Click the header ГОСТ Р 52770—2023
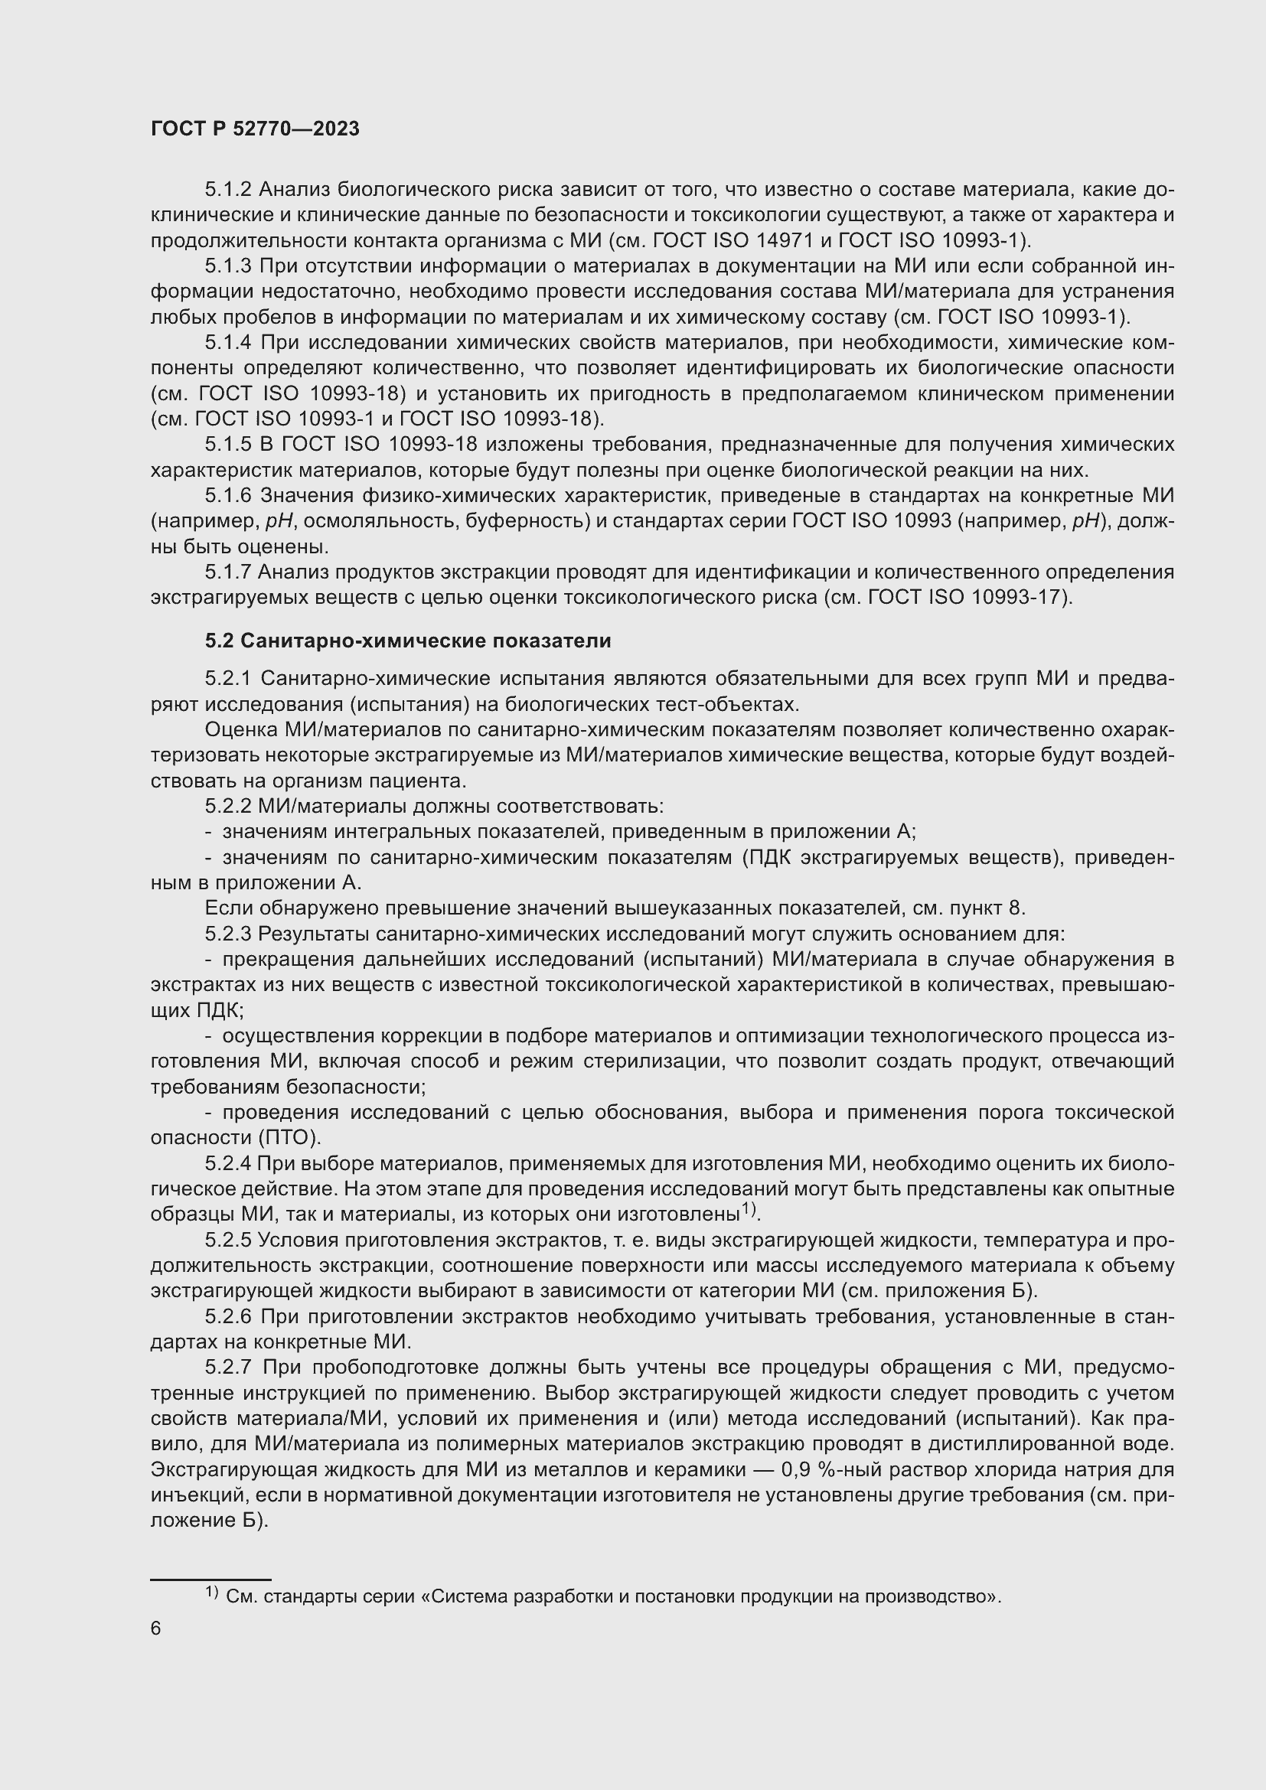click(x=255, y=129)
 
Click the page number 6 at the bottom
click(x=156, y=1629)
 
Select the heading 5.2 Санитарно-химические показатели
click(x=408, y=641)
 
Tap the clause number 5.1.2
click(x=228, y=190)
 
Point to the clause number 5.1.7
click(x=227, y=572)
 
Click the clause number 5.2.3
click(x=228, y=934)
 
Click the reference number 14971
click(x=787, y=240)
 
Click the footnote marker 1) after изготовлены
click(x=749, y=1209)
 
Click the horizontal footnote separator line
click(x=210, y=1579)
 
